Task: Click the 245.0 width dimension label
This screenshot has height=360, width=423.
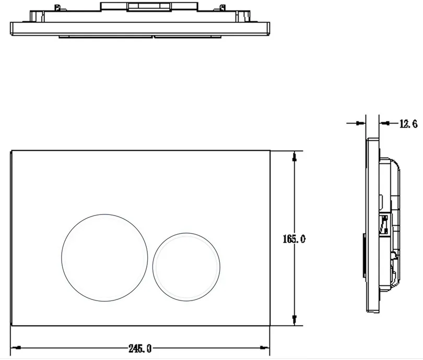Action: [140, 349]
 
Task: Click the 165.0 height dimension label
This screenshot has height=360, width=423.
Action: [294, 239]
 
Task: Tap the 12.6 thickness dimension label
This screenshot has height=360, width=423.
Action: [408, 124]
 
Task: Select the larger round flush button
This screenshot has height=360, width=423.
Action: [104, 258]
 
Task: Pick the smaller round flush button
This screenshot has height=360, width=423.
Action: [186, 267]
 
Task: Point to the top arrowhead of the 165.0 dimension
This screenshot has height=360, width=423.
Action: [295, 157]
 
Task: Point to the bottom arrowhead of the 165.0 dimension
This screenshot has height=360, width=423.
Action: [295, 320]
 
